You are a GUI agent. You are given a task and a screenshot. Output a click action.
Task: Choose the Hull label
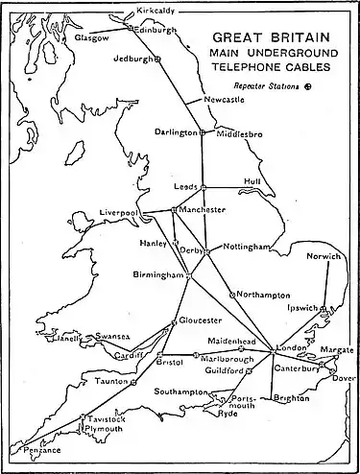pos(252,179)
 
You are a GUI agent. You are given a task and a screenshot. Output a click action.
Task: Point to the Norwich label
pos(323,257)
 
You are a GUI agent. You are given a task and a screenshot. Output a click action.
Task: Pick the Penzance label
pos(23,449)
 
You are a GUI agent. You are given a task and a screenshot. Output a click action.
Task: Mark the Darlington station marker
pos(204,132)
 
